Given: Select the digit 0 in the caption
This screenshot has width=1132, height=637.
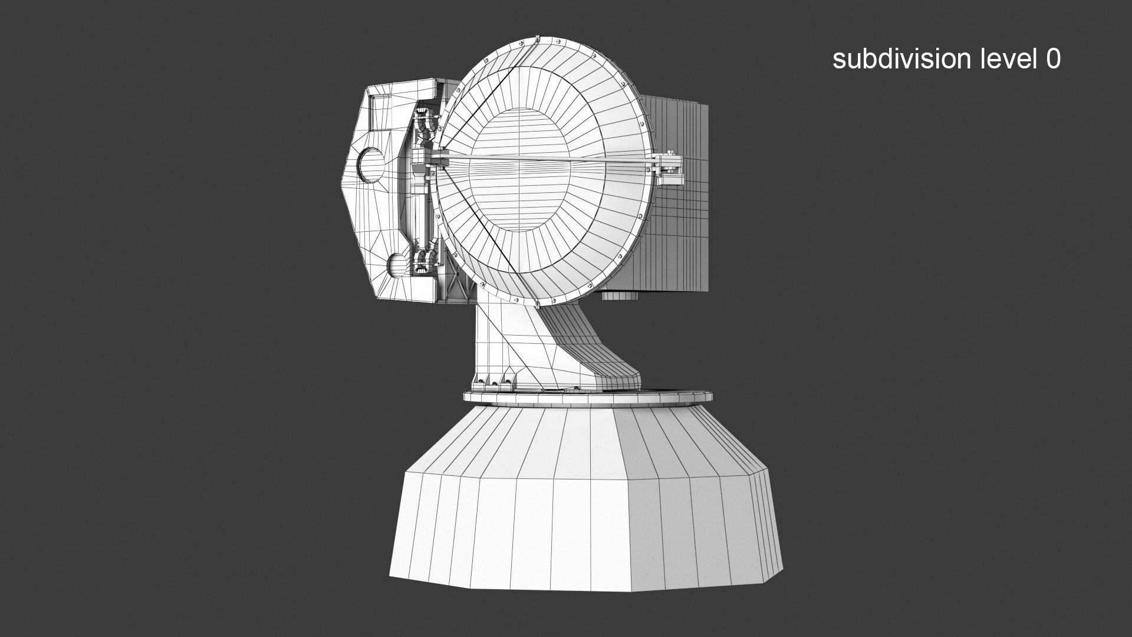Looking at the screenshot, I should [1053, 59].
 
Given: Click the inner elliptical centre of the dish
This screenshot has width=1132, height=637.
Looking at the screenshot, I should [519, 171].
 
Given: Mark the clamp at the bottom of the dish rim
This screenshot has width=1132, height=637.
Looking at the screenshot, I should [538, 304].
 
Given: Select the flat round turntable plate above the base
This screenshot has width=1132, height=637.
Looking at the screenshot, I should [584, 398].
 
